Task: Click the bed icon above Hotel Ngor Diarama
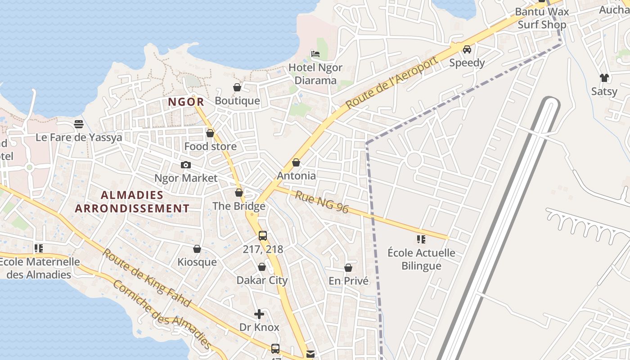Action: coord(315,54)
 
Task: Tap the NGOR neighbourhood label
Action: coord(186,102)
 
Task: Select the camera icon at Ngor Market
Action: coord(185,165)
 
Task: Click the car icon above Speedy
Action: coord(467,49)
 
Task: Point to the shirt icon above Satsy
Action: coord(604,78)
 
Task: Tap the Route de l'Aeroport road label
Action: coord(391,83)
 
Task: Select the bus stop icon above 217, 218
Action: coord(263,235)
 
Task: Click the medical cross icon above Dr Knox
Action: coord(259,314)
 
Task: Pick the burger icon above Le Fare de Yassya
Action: coord(79,124)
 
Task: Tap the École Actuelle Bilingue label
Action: coord(421,259)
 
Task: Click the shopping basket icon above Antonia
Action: coord(296,162)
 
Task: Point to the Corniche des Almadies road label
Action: coord(162,315)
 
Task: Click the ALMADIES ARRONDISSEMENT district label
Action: coord(132,202)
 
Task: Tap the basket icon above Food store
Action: coord(210,133)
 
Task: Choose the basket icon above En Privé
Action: coord(348,268)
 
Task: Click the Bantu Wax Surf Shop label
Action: coord(542,18)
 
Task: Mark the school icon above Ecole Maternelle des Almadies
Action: coord(39,248)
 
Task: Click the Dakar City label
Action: coord(262,280)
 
